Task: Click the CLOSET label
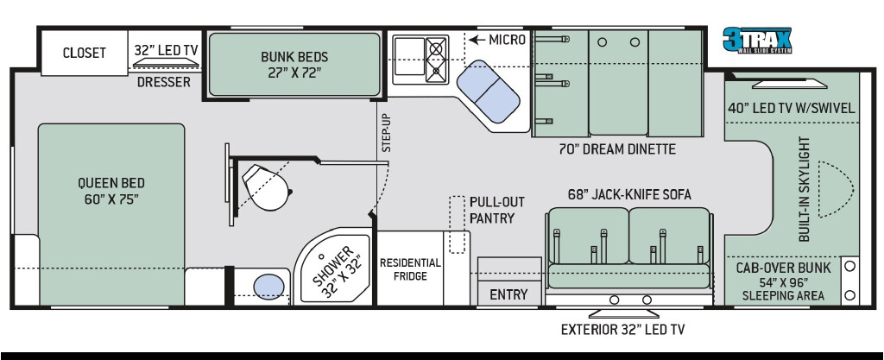click(x=84, y=53)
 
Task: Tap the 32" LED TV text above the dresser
click(x=167, y=50)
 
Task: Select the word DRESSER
click(x=164, y=82)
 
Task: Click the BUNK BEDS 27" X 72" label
click(x=294, y=64)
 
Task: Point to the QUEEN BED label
click(x=111, y=191)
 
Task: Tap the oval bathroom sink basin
click(x=269, y=287)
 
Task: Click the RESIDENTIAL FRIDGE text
click(x=410, y=269)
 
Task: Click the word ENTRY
click(x=508, y=294)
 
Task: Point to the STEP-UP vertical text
click(x=386, y=132)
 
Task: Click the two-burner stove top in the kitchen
click(x=436, y=60)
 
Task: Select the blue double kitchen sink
click(x=489, y=92)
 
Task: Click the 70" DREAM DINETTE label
click(x=617, y=149)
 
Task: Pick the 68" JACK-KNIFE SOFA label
click(x=629, y=194)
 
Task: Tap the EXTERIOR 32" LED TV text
click(x=622, y=330)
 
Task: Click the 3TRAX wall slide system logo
click(x=757, y=40)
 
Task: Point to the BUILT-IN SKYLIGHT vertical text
click(x=805, y=189)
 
